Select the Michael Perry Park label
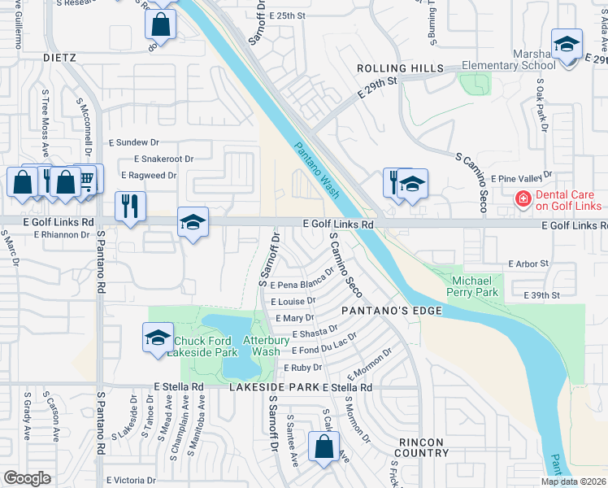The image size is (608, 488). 476,286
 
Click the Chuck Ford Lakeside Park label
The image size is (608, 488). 202,346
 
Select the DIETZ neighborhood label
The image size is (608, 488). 59,59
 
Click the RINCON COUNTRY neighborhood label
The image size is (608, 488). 423,447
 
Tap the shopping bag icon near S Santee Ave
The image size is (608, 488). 324,446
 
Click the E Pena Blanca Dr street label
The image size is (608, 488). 302,282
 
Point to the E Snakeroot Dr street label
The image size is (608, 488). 164,159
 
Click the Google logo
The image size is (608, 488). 27,479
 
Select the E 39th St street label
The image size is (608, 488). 542,294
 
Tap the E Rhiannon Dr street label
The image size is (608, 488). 61,234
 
